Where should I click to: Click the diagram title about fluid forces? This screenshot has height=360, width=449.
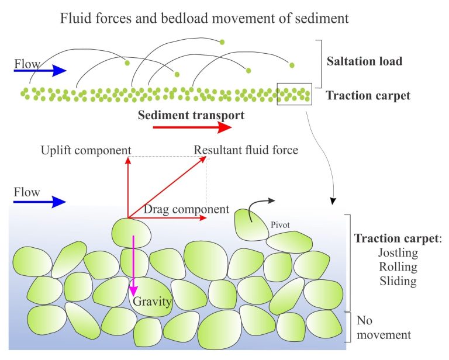(x=205, y=18)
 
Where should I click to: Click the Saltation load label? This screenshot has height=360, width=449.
(x=364, y=61)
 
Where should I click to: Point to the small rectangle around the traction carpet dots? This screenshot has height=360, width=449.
(x=294, y=94)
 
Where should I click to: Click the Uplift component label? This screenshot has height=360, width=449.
(x=86, y=150)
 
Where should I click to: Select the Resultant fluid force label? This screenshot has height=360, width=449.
(x=246, y=150)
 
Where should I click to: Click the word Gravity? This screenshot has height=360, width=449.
(x=152, y=302)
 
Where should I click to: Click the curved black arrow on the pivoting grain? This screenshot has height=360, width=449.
(x=257, y=207)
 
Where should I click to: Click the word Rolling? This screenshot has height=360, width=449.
(x=398, y=267)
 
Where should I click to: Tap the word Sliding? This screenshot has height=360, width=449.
(x=398, y=281)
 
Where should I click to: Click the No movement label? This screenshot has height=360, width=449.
(x=384, y=328)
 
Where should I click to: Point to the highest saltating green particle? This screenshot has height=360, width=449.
(x=222, y=41)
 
